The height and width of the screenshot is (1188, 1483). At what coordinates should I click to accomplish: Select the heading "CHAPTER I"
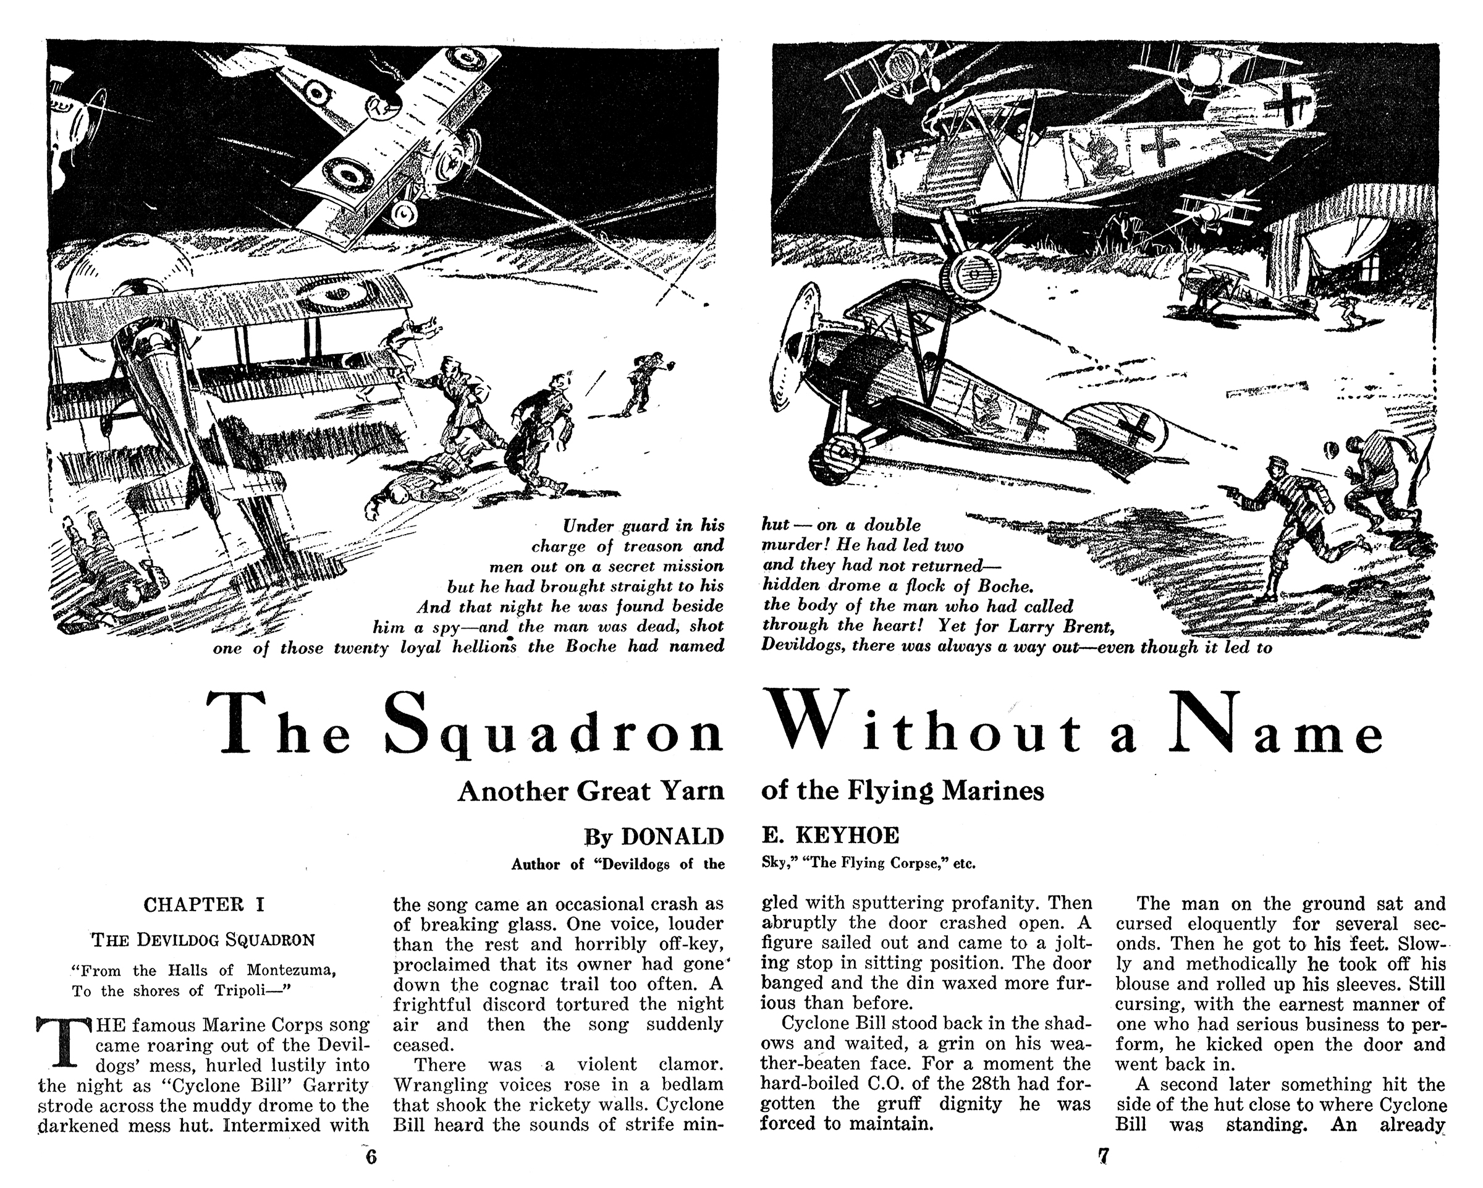[203, 904]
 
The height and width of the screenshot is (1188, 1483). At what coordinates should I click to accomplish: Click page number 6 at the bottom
[371, 1157]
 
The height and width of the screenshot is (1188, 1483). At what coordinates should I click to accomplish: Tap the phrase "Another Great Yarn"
[591, 791]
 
